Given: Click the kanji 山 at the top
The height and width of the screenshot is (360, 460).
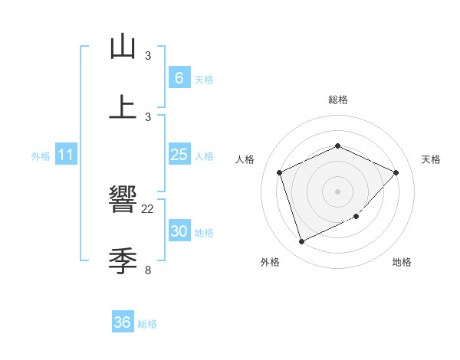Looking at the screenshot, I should click(x=123, y=47).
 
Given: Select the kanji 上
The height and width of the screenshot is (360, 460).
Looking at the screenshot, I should click(x=123, y=108).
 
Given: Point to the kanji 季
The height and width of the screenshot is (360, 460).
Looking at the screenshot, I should click(x=123, y=261).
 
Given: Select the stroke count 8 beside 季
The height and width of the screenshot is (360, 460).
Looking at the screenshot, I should click(x=148, y=270).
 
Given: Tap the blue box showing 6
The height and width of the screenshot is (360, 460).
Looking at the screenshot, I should click(x=179, y=77).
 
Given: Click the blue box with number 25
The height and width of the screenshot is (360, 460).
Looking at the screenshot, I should click(x=179, y=155).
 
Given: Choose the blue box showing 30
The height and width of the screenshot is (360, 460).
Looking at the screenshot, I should click(x=179, y=231).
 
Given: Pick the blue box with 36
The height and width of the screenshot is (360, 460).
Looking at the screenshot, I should click(x=123, y=322).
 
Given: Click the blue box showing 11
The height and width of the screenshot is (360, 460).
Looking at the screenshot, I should click(x=66, y=155).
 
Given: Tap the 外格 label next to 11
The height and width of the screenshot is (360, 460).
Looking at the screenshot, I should click(x=41, y=156).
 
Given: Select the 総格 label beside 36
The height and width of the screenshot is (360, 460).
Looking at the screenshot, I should click(x=147, y=324).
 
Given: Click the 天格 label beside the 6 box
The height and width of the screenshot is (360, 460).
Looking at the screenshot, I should click(x=203, y=79).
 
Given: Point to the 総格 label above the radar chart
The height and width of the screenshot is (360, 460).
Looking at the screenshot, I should click(x=337, y=100).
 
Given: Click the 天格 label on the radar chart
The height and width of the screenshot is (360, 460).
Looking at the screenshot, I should click(x=431, y=159).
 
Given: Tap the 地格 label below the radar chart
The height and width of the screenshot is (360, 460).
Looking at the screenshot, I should click(x=402, y=262).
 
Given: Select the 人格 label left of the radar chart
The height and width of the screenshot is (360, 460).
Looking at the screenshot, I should click(x=245, y=159).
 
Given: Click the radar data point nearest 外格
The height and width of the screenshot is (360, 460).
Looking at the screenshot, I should click(x=301, y=242).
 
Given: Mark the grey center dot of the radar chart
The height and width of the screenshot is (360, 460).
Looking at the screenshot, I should click(x=337, y=191).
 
